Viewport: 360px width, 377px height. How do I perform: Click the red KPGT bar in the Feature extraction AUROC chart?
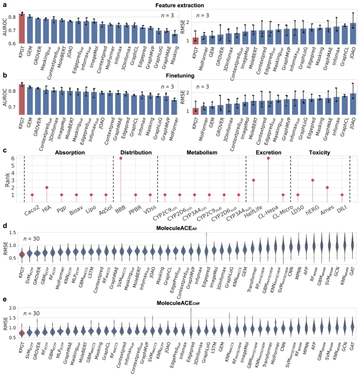coord(21,29)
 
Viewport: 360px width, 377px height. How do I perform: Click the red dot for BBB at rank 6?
coord(121,158)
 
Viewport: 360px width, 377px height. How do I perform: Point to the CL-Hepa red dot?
coord(268,158)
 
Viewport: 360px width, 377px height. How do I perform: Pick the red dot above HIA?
coord(47,187)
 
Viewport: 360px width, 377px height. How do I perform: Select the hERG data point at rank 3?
coord(312,180)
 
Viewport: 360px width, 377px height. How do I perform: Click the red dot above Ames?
coord(327,187)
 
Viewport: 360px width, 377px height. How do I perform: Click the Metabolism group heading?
coord(201,152)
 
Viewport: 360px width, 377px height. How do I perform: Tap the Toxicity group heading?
coord(319,152)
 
